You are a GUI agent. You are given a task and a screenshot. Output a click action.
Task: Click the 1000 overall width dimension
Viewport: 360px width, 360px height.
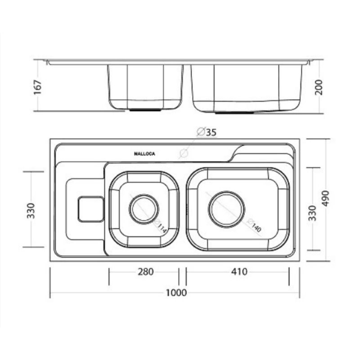[176, 292]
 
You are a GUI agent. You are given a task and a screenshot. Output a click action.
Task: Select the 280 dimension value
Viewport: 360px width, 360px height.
[145, 272]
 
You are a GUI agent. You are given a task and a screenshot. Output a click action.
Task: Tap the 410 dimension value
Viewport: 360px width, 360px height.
[239, 272]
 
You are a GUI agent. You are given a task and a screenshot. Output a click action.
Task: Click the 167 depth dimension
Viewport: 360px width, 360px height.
[38, 87]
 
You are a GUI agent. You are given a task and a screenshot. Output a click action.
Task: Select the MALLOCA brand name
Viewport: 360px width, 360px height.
[144, 154]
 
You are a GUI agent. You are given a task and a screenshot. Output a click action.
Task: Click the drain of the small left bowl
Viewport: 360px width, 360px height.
[144, 209]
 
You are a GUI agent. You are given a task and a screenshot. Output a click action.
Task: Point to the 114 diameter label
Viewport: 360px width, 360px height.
[162, 228]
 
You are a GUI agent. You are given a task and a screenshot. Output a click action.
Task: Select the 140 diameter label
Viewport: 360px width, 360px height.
[255, 228]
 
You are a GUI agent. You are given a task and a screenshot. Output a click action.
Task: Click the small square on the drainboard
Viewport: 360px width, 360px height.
[91, 209]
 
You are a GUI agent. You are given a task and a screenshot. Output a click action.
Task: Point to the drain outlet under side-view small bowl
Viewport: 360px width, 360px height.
[144, 109]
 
